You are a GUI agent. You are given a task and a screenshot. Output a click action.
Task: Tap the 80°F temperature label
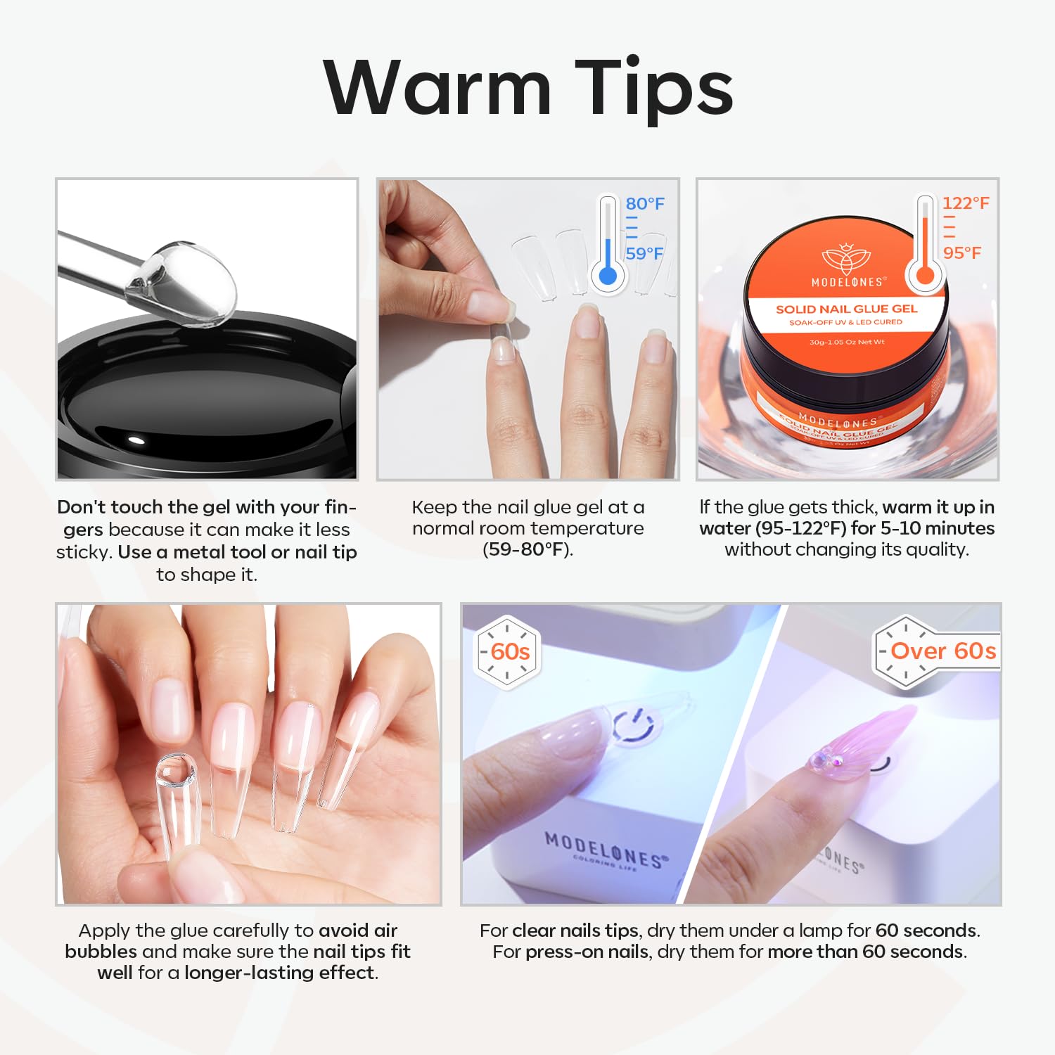645,204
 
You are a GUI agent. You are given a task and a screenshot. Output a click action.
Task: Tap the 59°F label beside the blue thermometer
644,254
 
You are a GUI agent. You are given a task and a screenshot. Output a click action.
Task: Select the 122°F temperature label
966,203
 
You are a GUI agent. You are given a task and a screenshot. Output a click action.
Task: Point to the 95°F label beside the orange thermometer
962,253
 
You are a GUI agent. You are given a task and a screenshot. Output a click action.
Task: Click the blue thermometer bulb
608,275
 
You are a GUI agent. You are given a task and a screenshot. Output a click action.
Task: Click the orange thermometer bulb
926,274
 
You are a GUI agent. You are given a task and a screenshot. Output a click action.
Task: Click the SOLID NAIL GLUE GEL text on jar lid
846,309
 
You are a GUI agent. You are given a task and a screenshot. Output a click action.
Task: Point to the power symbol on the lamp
634,724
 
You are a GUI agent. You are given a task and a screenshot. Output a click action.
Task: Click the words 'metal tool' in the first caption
231,552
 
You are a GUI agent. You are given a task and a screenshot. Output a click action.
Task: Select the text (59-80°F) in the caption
527,549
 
